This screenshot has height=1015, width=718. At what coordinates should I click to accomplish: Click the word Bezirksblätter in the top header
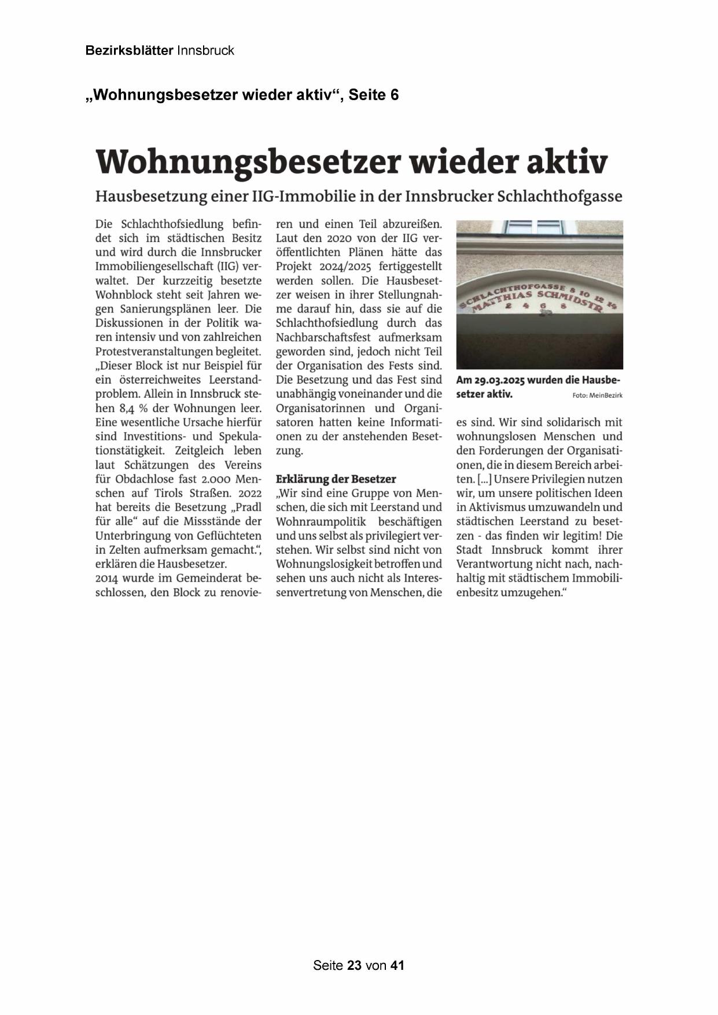129,51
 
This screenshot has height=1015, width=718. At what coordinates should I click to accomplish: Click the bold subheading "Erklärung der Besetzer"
336,479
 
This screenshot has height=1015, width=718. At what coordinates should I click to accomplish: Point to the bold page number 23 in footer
355,965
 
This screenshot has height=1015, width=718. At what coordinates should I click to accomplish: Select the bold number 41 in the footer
397,965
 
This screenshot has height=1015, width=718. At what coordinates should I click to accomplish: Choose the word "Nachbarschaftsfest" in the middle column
327,337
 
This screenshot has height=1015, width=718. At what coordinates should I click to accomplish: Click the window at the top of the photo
533,227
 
